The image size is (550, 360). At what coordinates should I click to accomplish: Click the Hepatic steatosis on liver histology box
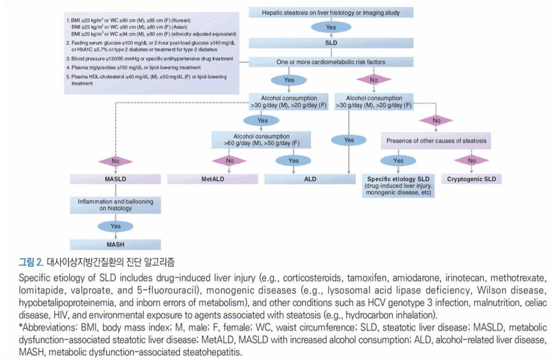pyautogui.click(x=331, y=12)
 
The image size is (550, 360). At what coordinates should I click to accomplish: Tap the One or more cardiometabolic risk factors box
pyautogui.click(x=331, y=62)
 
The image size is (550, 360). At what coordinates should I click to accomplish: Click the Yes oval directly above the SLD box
pyautogui.click(x=331, y=27)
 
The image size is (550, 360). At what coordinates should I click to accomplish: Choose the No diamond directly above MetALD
pyautogui.click(x=230, y=160)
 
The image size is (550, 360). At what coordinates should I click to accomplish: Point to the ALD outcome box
pyautogui.click(x=310, y=179)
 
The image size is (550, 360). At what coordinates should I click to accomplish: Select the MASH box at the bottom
pyautogui.click(x=115, y=244)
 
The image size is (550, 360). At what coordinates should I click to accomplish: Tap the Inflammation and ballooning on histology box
pyautogui.click(x=115, y=205)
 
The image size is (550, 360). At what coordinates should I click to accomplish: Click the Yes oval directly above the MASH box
pyautogui.click(x=115, y=226)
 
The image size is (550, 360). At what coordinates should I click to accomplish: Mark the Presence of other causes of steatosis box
pyautogui.click(x=436, y=142)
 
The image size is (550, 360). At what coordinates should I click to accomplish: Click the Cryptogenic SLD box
pyautogui.click(x=472, y=179)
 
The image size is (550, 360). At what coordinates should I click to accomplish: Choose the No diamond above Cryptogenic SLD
pyautogui.click(x=472, y=160)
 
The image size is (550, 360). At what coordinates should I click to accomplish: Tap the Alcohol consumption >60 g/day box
pyautogui.click(x=262, y=140)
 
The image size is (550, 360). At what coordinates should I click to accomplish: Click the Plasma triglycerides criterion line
pyautogui.click(x=135, y=68)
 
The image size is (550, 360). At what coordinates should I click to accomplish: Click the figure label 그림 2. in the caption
pyautogui.click(x=31, y=262)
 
